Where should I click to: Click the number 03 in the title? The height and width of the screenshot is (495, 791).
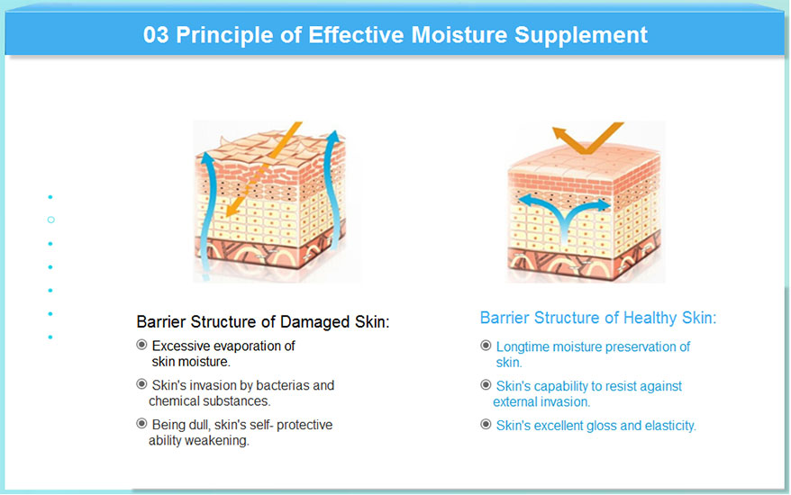coord(156,35)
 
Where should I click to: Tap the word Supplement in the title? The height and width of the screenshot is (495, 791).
coord(581,36)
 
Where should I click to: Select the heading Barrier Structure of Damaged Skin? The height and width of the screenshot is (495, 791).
coord(263,321)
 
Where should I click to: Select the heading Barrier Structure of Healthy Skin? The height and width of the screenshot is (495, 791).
coord(598,318)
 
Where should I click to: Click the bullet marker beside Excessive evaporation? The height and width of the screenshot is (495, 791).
coord(141,345)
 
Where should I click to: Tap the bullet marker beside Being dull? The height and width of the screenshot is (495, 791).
coord(141,423)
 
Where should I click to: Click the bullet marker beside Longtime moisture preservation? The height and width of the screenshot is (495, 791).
coord(486,346)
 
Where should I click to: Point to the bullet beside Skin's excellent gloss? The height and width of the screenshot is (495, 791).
coord(486,425)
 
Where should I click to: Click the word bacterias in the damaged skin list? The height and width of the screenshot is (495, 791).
coord(283,385)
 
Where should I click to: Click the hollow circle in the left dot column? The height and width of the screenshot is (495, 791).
coord(51,220)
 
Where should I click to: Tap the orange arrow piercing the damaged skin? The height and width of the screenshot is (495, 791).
coord(263,169)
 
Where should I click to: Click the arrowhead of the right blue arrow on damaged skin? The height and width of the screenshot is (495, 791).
coord(333,136)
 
